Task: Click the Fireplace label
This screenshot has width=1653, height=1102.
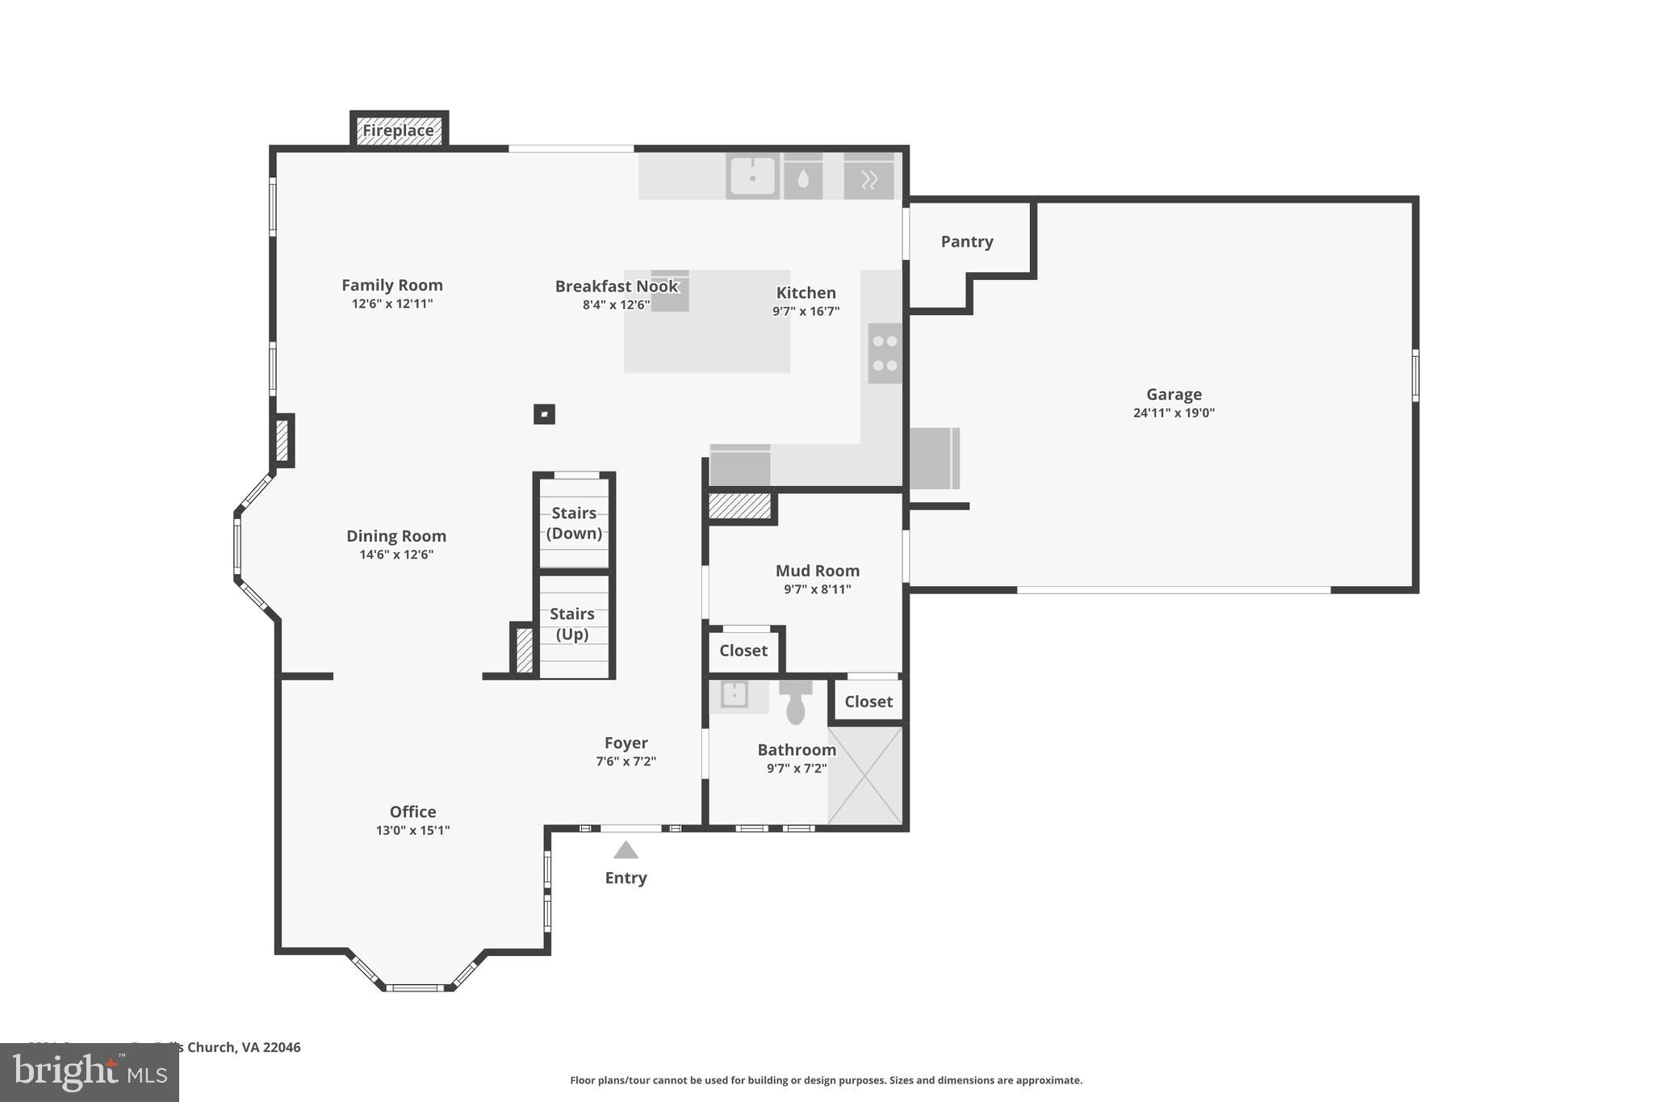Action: (398, 130)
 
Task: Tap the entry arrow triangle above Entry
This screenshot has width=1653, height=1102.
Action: (626, 850)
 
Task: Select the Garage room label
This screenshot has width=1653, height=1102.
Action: (1174, 394)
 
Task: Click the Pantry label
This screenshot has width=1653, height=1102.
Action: (966, 241)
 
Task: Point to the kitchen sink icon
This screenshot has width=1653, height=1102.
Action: (752, 176)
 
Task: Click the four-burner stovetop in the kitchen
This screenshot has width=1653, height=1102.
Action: (885, 354)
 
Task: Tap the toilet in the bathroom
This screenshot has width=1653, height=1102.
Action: (796, 702)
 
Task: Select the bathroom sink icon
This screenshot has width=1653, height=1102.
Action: (734, 694)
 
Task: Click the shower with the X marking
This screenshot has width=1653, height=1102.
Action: (864, 776)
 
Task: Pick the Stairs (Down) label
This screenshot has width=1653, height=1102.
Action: (574, 522)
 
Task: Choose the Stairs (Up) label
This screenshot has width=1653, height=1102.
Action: (572, 623)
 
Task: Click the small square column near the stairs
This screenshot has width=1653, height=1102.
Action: (544, 414)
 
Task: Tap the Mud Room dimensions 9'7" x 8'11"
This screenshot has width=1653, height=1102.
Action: (817, 589)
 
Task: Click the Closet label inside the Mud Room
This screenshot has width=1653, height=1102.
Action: (743, 651)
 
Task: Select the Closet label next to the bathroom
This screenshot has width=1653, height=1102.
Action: (868, 702)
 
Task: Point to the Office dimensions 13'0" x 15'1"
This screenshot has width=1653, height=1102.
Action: (412, 830)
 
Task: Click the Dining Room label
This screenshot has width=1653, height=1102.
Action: (395, 536)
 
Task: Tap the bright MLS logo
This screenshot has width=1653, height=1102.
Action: (90, 1072)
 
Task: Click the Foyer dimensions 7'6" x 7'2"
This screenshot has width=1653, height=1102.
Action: (626, 761)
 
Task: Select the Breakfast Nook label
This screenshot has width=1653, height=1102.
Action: (617, 286)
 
